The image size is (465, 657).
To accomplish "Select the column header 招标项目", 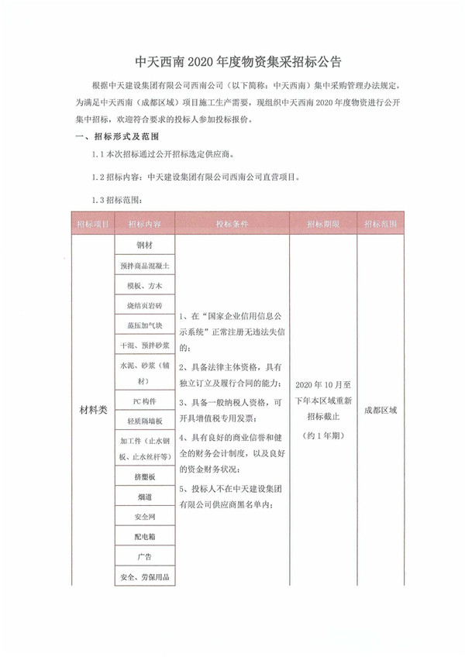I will tap(92, 224).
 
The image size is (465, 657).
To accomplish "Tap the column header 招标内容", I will tap(145, 224).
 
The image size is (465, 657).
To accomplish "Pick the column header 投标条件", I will tap(232, 224).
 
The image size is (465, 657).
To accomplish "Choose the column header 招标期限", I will tap(323, 224).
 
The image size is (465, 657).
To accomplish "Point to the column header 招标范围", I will tap(381, 224).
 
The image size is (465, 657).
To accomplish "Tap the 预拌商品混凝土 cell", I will tap(145, 266).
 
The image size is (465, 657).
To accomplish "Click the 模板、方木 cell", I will tap(145, 286).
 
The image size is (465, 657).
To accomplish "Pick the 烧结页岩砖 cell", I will tap(145, 306).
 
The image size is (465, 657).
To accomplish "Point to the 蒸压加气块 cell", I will tap(145, 326).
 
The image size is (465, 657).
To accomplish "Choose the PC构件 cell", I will tap(145, 401).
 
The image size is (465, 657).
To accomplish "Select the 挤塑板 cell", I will tap(145, 477).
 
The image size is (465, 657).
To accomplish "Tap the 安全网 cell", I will tap(145, 516).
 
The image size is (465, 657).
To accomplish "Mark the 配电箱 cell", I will tap(145, 536).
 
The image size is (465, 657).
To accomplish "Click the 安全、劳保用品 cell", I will tap(145, 576).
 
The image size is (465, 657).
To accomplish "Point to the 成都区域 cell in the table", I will tap(381, 409).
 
